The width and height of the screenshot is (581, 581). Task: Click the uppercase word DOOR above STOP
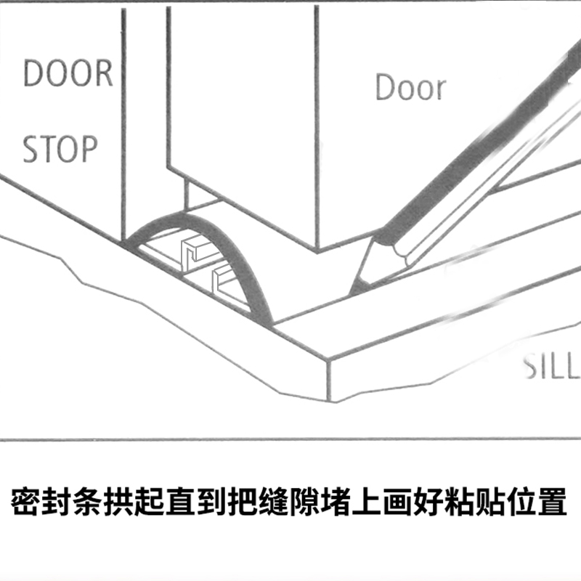tap(68, 74)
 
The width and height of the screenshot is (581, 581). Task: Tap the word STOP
tap(60, 149)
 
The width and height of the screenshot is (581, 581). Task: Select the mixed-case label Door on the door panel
tap(410, 88)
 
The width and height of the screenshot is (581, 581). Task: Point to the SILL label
tap(553, 369)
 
